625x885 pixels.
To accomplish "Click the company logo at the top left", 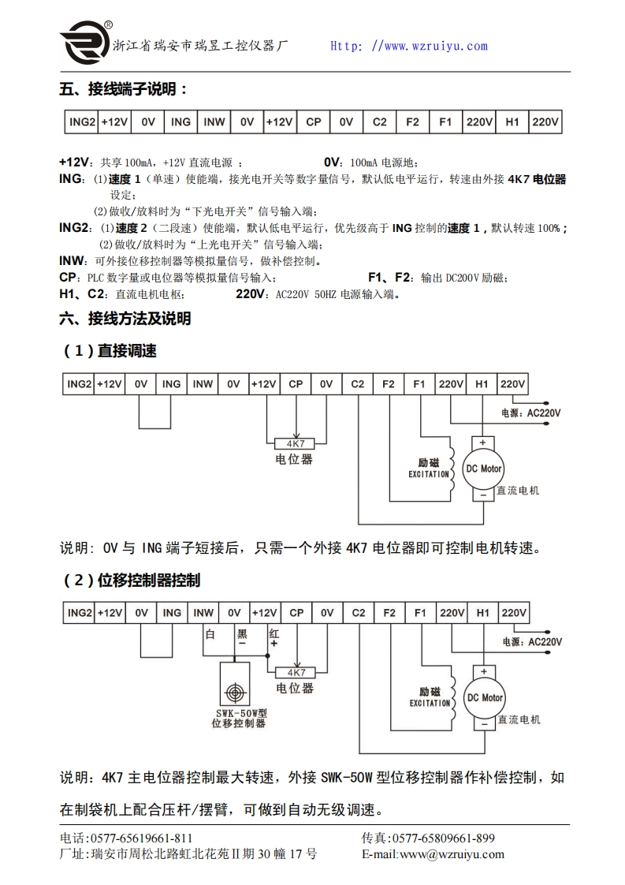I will [x=84, y=43].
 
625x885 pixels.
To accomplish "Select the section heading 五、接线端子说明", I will [x=124, y=89].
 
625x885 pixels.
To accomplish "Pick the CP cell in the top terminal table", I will [x=313, y=122].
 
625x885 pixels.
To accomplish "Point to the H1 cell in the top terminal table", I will [x=512, y=122].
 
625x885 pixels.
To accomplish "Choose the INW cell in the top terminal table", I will [x=214, y=122].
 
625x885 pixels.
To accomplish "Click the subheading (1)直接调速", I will [x=110, y=351].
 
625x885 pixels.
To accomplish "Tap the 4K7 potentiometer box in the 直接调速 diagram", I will [x=296, y=442].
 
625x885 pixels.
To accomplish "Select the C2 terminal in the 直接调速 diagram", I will [x=358, y=384].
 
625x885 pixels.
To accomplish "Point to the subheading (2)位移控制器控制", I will [x=132, y=581].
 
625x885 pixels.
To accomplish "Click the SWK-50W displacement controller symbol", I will [x=234, y=692].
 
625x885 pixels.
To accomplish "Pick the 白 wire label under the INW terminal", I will [x=210, y=633].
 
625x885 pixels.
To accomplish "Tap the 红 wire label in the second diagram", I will [x=273, y=633].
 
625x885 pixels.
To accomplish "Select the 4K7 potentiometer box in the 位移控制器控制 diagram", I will [x=296, y=672].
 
